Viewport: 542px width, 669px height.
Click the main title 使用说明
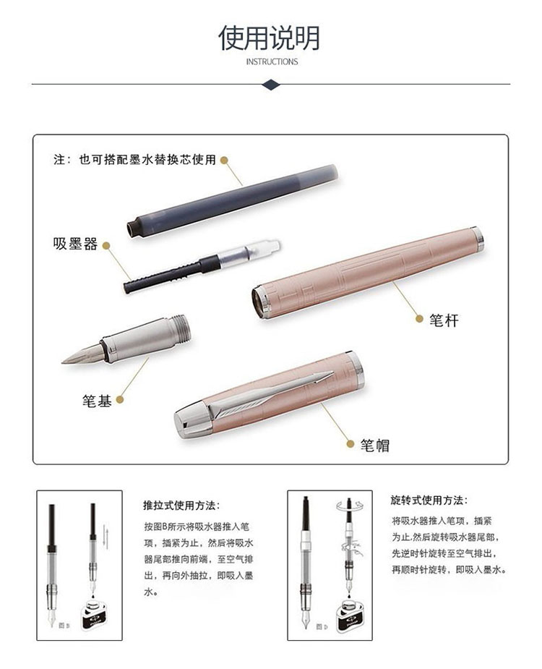(x=269, y=38)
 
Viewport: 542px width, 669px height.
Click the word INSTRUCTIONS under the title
(x=272, y=61)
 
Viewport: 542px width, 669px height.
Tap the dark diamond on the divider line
(x=271, y=84)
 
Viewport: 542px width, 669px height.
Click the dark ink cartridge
(x=233, y=200)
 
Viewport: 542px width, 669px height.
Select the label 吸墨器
(x=75, y=244)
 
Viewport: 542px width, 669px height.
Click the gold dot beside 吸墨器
(x=107, y=246)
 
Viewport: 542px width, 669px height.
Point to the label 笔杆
(x=444, y=320)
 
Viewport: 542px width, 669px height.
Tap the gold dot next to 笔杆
(x=419, y=318)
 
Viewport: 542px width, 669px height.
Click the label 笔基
(x=97, y=401)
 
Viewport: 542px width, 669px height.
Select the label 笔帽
(x=375, y=445)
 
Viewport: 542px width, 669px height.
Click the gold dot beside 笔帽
(x=350, y=444)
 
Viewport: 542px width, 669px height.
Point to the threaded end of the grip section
(x=181, y=328)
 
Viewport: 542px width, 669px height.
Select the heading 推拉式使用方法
(x=181, y=506)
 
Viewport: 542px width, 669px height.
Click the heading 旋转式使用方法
(x=429, y=500)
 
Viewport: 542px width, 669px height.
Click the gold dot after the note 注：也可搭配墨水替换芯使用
(x=224, y=161)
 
